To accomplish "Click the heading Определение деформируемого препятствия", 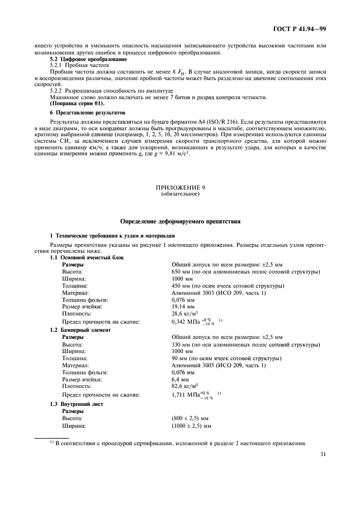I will [179, 221].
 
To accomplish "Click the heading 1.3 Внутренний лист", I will [76, 404].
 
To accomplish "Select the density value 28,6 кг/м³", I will [184, 314].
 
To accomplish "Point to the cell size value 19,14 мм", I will [184, 307].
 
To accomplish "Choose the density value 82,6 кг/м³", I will [184, 386].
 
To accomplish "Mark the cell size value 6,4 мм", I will [180, 379].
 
